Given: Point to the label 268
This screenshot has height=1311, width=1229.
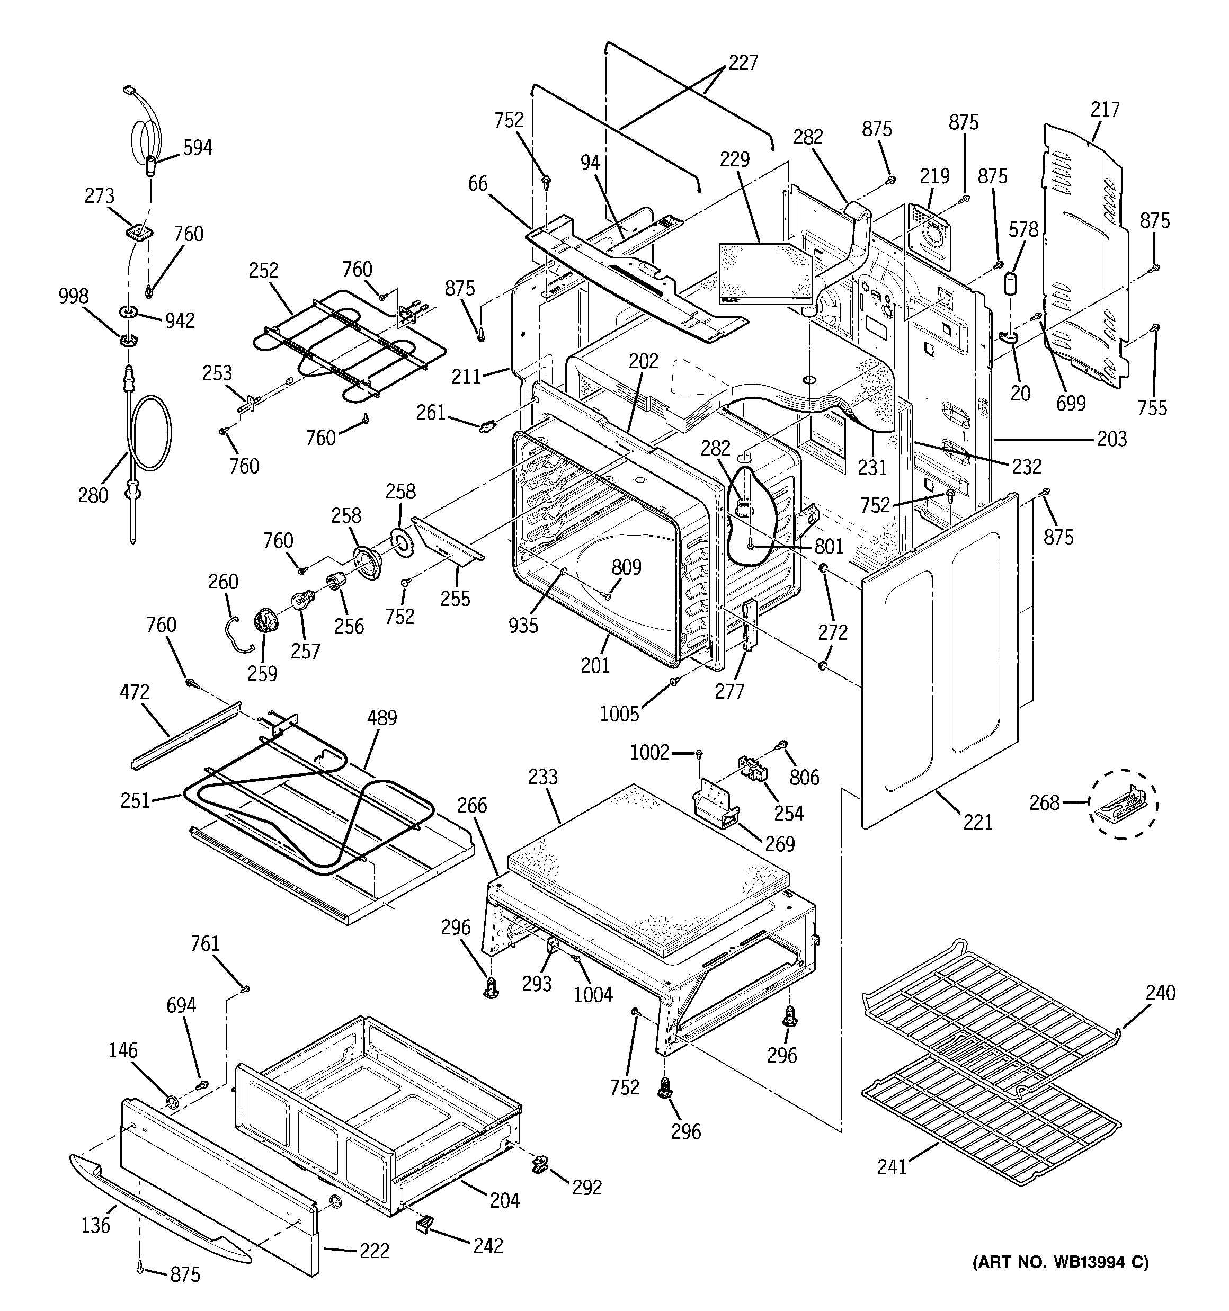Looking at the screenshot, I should coord(1044,803).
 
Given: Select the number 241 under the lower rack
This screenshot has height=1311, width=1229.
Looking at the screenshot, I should coord(892,1167).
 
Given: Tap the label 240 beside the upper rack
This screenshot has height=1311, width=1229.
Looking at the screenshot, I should coord(1160,993).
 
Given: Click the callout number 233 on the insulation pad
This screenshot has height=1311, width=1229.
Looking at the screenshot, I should coord(542,777).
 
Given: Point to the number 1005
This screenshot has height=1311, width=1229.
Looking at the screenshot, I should coord(619,714).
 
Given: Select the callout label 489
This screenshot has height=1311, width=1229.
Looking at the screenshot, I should coord(382,718).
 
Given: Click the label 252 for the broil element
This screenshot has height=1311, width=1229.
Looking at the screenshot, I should coord(263,270).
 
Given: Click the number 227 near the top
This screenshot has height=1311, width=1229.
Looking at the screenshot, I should coord(743,63).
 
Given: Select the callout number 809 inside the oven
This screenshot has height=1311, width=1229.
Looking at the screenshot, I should coord(626,567).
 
